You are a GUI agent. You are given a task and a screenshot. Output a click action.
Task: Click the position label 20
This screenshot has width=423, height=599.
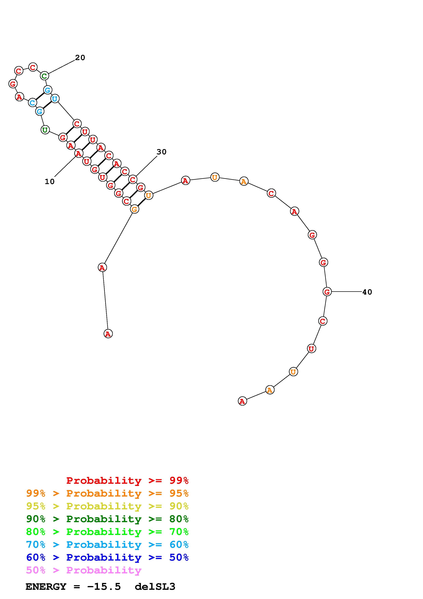80,58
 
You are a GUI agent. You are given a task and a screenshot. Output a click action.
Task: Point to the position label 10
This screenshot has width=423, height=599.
49,182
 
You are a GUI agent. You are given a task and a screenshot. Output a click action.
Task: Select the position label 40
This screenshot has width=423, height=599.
367,292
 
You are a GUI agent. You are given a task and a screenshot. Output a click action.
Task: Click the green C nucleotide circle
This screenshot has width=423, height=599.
45,76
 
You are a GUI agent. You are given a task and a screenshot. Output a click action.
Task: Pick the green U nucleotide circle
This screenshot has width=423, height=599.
45,130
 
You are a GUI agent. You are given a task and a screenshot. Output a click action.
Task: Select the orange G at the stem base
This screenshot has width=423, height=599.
134,209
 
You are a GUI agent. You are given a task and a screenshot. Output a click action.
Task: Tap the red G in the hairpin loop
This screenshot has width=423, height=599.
13,84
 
